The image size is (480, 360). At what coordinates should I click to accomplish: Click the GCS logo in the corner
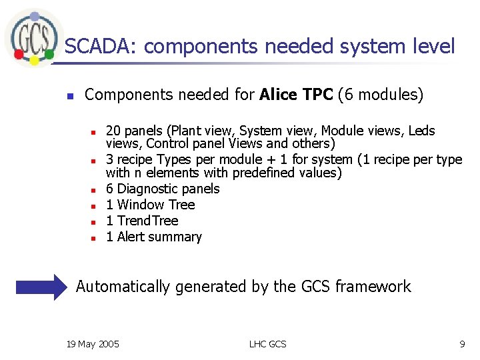pyautogui.click(x=31, y=37)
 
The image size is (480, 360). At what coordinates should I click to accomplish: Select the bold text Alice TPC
pyautogui.click(x=295, y=95)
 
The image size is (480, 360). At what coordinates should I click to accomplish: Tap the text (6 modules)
pyautogui.click(x=380, y=95)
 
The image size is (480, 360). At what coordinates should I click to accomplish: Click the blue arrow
pyautogui.click(x=42, y=287)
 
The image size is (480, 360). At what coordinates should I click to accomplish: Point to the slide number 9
pyautogui.click(x=461, y=344)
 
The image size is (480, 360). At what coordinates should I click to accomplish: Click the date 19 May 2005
pyautogui.click(x=93, y=344)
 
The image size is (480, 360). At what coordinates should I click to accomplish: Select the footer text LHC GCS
pyautogui.click(x=267, y=344)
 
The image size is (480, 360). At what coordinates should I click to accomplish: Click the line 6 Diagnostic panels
pyautogui.click(x=163, y=189)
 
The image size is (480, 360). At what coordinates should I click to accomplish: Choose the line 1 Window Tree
pyautogui.click(x=151, y=205)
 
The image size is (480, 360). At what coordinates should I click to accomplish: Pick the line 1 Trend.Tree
pyautogui.click(x=143, y=221)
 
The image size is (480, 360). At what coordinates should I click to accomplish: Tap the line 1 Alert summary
pyautogui.click(x=154, y=237)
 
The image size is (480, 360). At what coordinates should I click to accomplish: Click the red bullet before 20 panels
pyautogui.click(x=95, y=132)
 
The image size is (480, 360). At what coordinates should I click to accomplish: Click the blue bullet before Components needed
pyautogui.click(x=69, y=96)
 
